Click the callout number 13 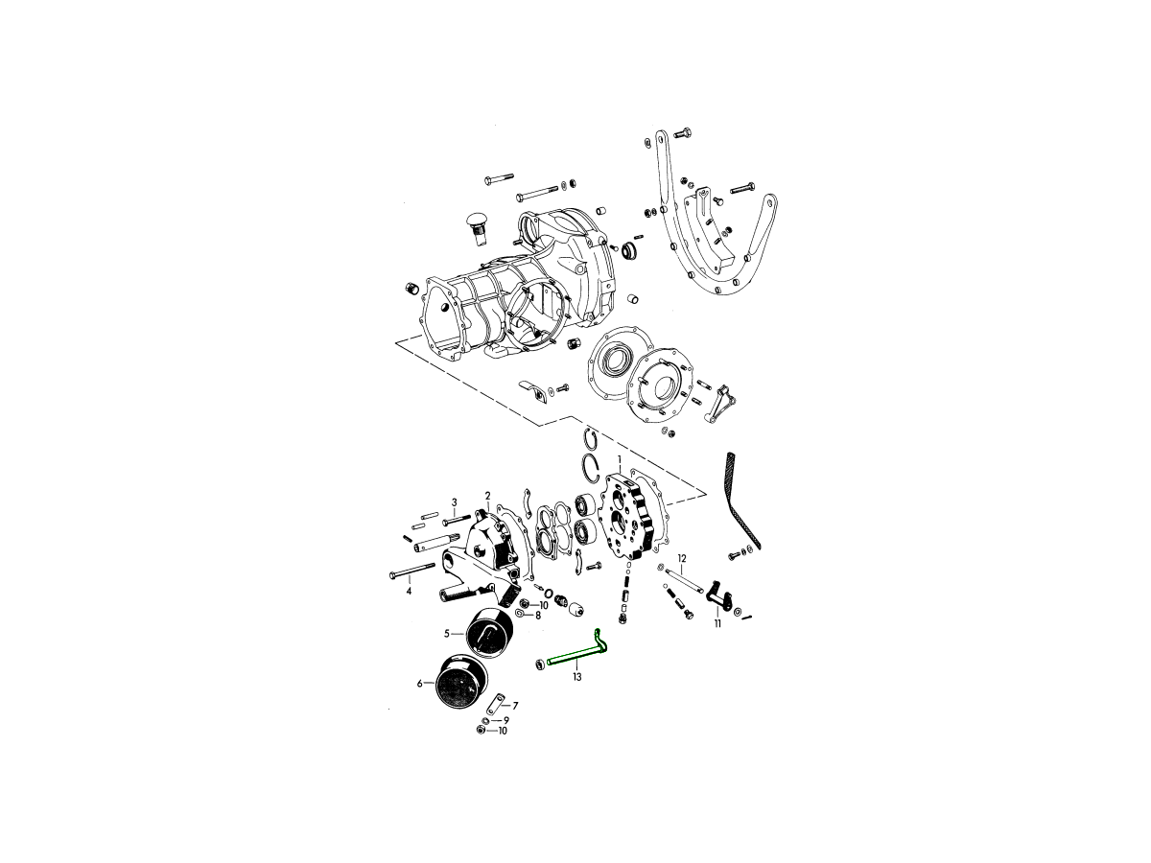pos(576,677)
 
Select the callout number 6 pos(419,684)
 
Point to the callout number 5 pos(447,634)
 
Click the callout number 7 pos(515,706)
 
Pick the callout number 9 pos(506,720)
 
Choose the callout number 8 pos(538,616)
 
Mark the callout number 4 pos(409,592)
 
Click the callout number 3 pos(454,502)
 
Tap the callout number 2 pos(487,495)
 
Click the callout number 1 pos(620,460)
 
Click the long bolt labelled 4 pos(412,571)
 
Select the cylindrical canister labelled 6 pos(461,680)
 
